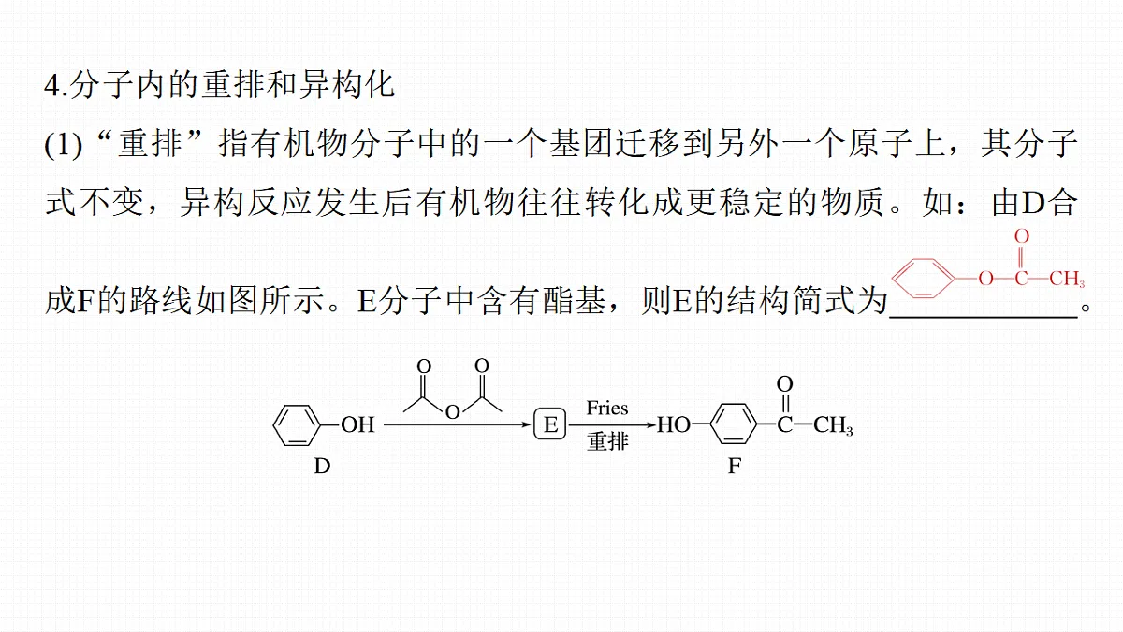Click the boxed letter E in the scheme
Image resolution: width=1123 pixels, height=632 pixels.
550,424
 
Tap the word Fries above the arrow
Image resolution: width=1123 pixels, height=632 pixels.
607,409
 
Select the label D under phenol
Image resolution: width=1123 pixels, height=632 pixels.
322,467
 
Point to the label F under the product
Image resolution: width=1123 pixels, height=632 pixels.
735,467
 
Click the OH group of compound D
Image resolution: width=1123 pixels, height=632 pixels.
357,424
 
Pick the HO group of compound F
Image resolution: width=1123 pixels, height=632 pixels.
674,425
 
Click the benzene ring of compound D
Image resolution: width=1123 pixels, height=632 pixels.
297,424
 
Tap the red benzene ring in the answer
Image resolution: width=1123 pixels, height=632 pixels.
923,279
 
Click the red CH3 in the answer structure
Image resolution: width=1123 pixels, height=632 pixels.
1067,279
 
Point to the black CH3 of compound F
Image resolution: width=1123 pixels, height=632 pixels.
833,425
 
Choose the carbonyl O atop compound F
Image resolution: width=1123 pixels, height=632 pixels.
784,384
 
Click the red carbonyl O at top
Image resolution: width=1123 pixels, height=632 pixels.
1022,237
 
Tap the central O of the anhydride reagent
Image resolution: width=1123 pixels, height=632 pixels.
453,412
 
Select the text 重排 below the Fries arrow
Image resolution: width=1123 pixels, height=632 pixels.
607,441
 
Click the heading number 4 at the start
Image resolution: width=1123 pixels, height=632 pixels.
52,86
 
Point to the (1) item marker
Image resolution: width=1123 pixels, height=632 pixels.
64,145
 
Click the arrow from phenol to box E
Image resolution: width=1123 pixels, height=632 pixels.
458,425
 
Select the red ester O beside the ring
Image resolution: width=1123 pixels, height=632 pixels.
985,279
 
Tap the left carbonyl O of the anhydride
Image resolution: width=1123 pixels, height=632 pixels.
424,366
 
